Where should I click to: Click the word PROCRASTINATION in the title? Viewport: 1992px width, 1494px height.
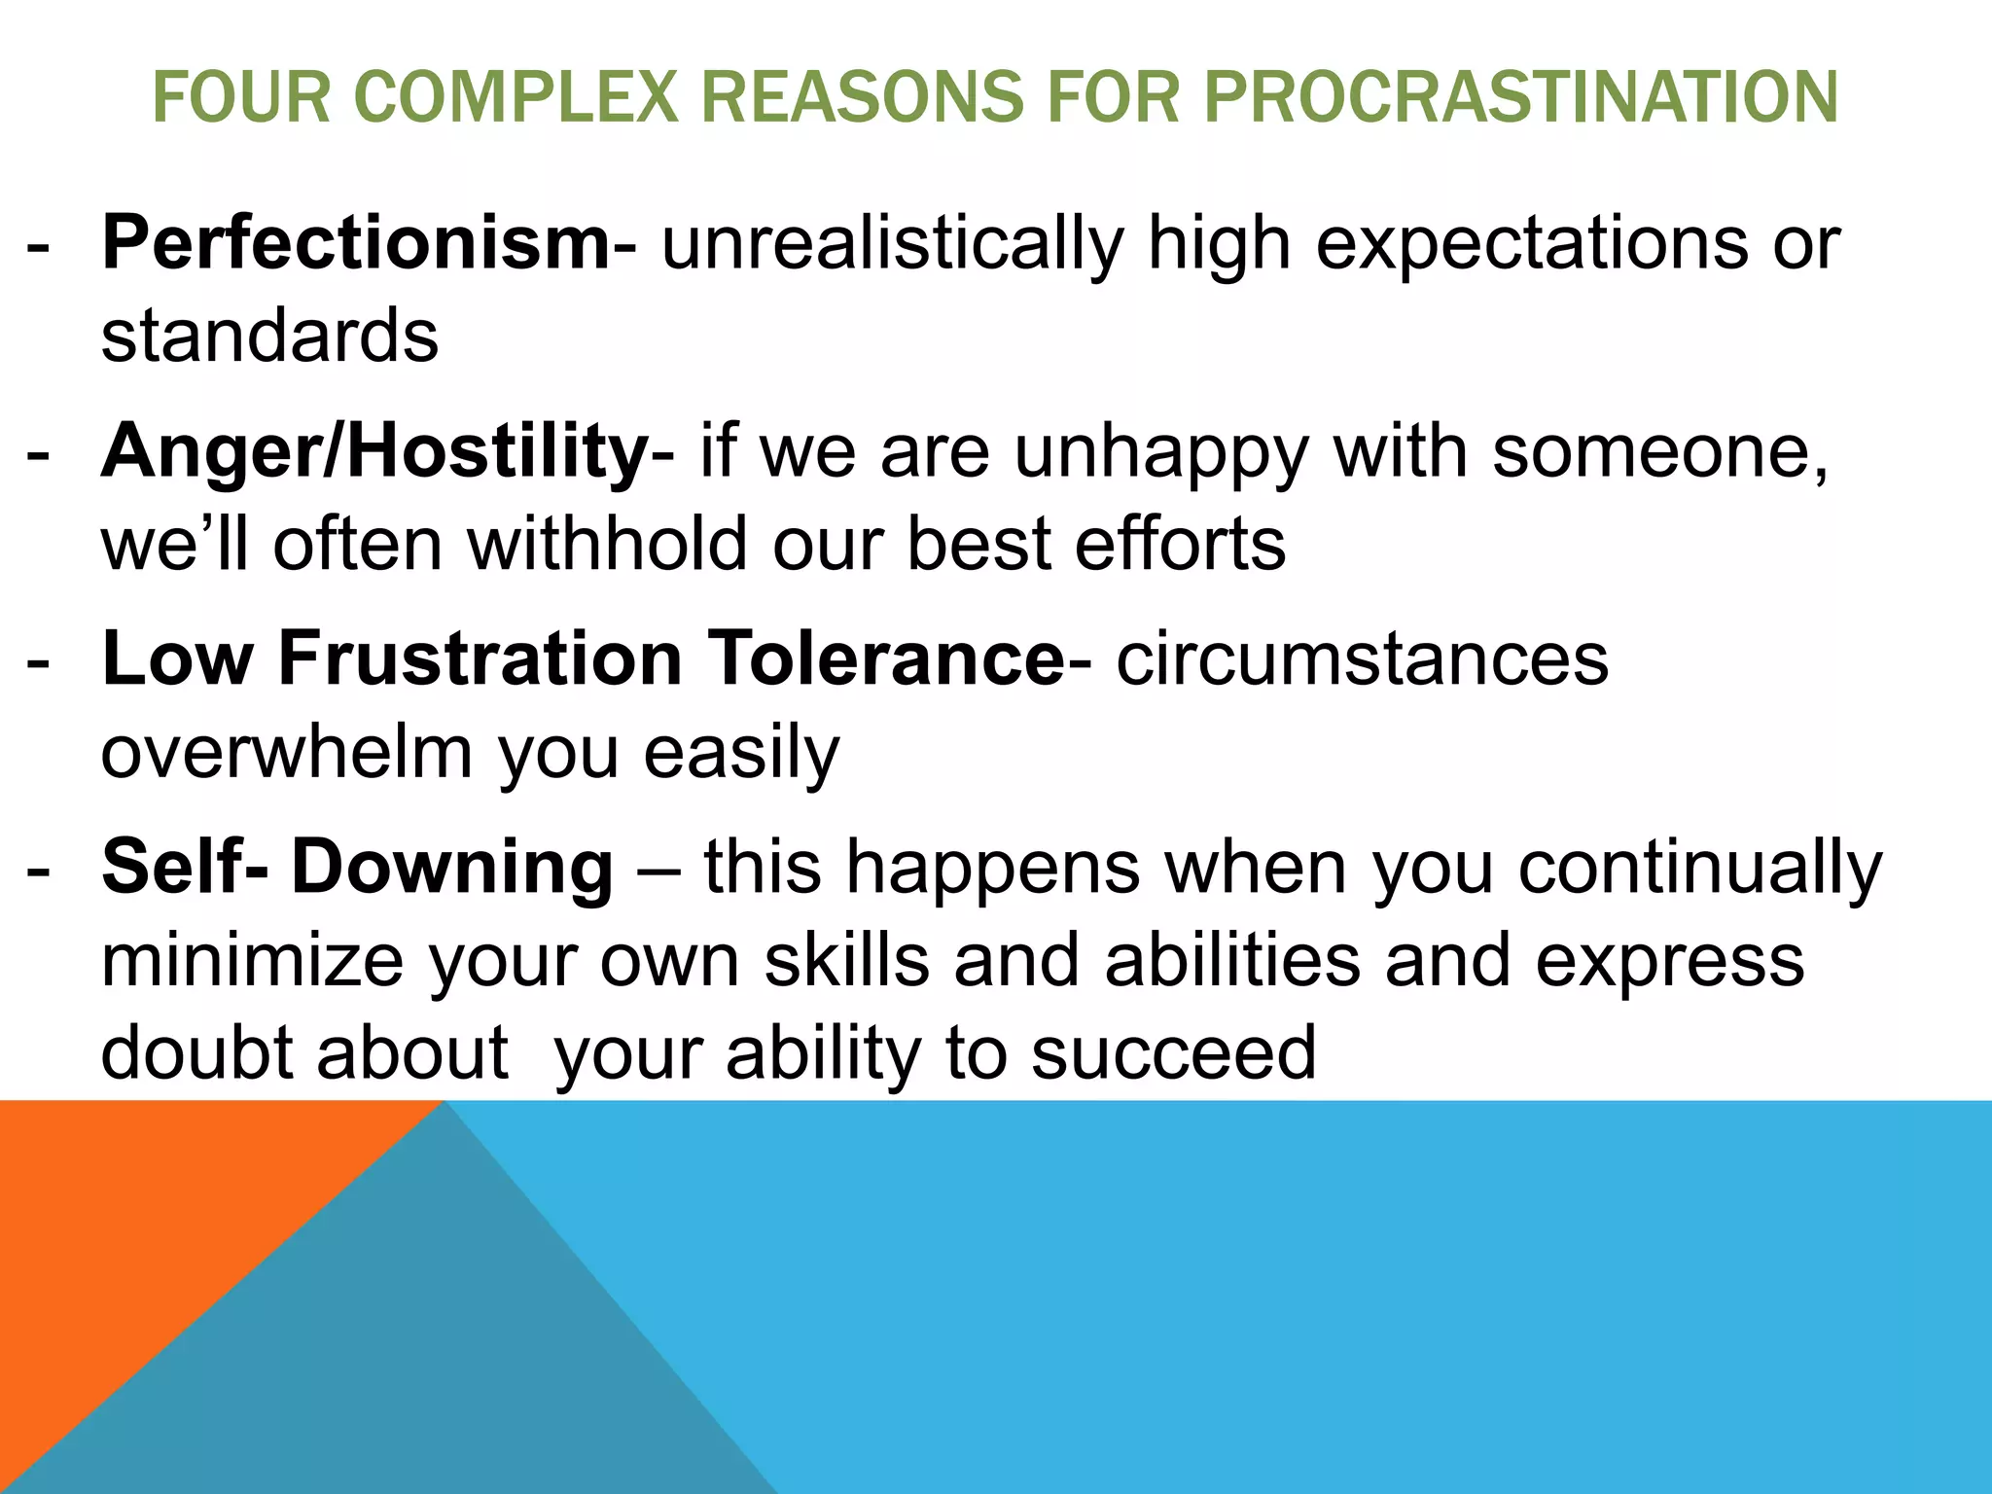pos(1520,97)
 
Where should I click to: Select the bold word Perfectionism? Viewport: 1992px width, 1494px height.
pos(356,242)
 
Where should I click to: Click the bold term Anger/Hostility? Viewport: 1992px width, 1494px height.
pos(374,451)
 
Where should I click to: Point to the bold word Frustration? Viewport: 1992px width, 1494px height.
pos(480,658)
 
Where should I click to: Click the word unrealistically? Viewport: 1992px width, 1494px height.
pos(893,242)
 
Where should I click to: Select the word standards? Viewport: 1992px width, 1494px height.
pos(269,336)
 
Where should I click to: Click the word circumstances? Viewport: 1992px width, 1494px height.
pos(1362,658)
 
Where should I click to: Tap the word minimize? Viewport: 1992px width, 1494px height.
pos(252,959)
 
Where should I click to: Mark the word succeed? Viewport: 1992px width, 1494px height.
pos(1173,1052)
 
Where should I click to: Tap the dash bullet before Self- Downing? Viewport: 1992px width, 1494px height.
pos(38,869)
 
